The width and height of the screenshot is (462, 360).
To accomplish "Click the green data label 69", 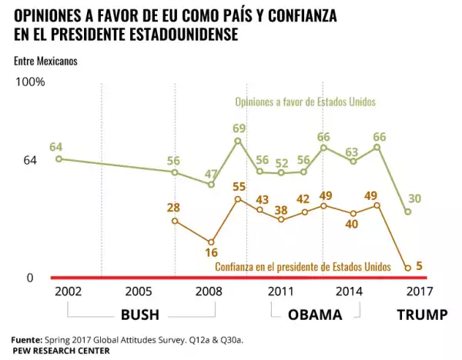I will [239, 128].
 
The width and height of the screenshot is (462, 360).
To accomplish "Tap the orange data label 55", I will [239, 186].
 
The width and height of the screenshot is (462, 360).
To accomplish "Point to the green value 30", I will [414, 198].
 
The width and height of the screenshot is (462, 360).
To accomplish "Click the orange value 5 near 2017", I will [419, 267].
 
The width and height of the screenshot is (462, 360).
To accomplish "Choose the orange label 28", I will [174, 208].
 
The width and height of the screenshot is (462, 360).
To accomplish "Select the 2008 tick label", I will [210, 292].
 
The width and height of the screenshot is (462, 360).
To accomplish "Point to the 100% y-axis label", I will [31, 82].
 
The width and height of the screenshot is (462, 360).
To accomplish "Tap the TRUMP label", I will [421, 315].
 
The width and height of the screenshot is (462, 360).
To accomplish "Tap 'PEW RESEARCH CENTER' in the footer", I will [60, 350].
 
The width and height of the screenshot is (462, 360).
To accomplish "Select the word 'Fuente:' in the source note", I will [26, 338].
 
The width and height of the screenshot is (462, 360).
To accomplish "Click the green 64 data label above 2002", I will [55, 146].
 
